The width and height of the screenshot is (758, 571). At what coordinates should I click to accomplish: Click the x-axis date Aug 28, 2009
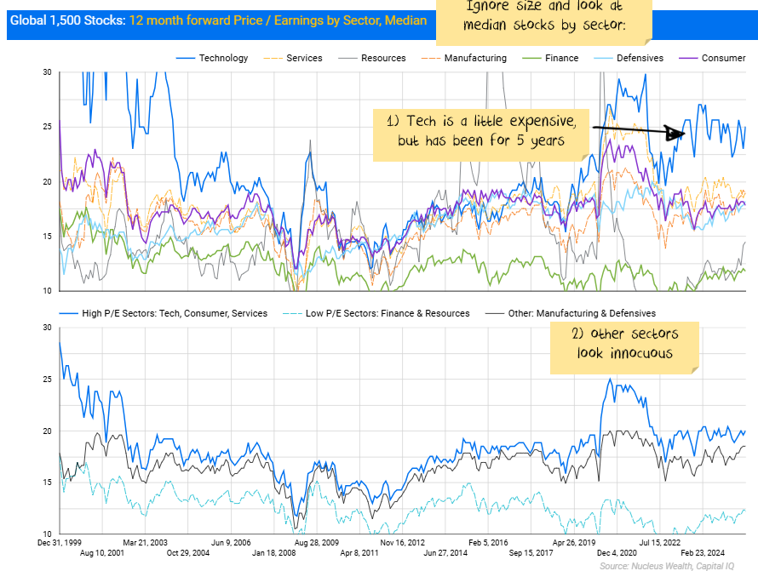[x=316, y=542]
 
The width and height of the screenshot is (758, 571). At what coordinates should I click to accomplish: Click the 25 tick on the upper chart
[x=47, y=127]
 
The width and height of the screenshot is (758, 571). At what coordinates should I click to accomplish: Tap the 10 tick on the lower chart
[x=47, y=534]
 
